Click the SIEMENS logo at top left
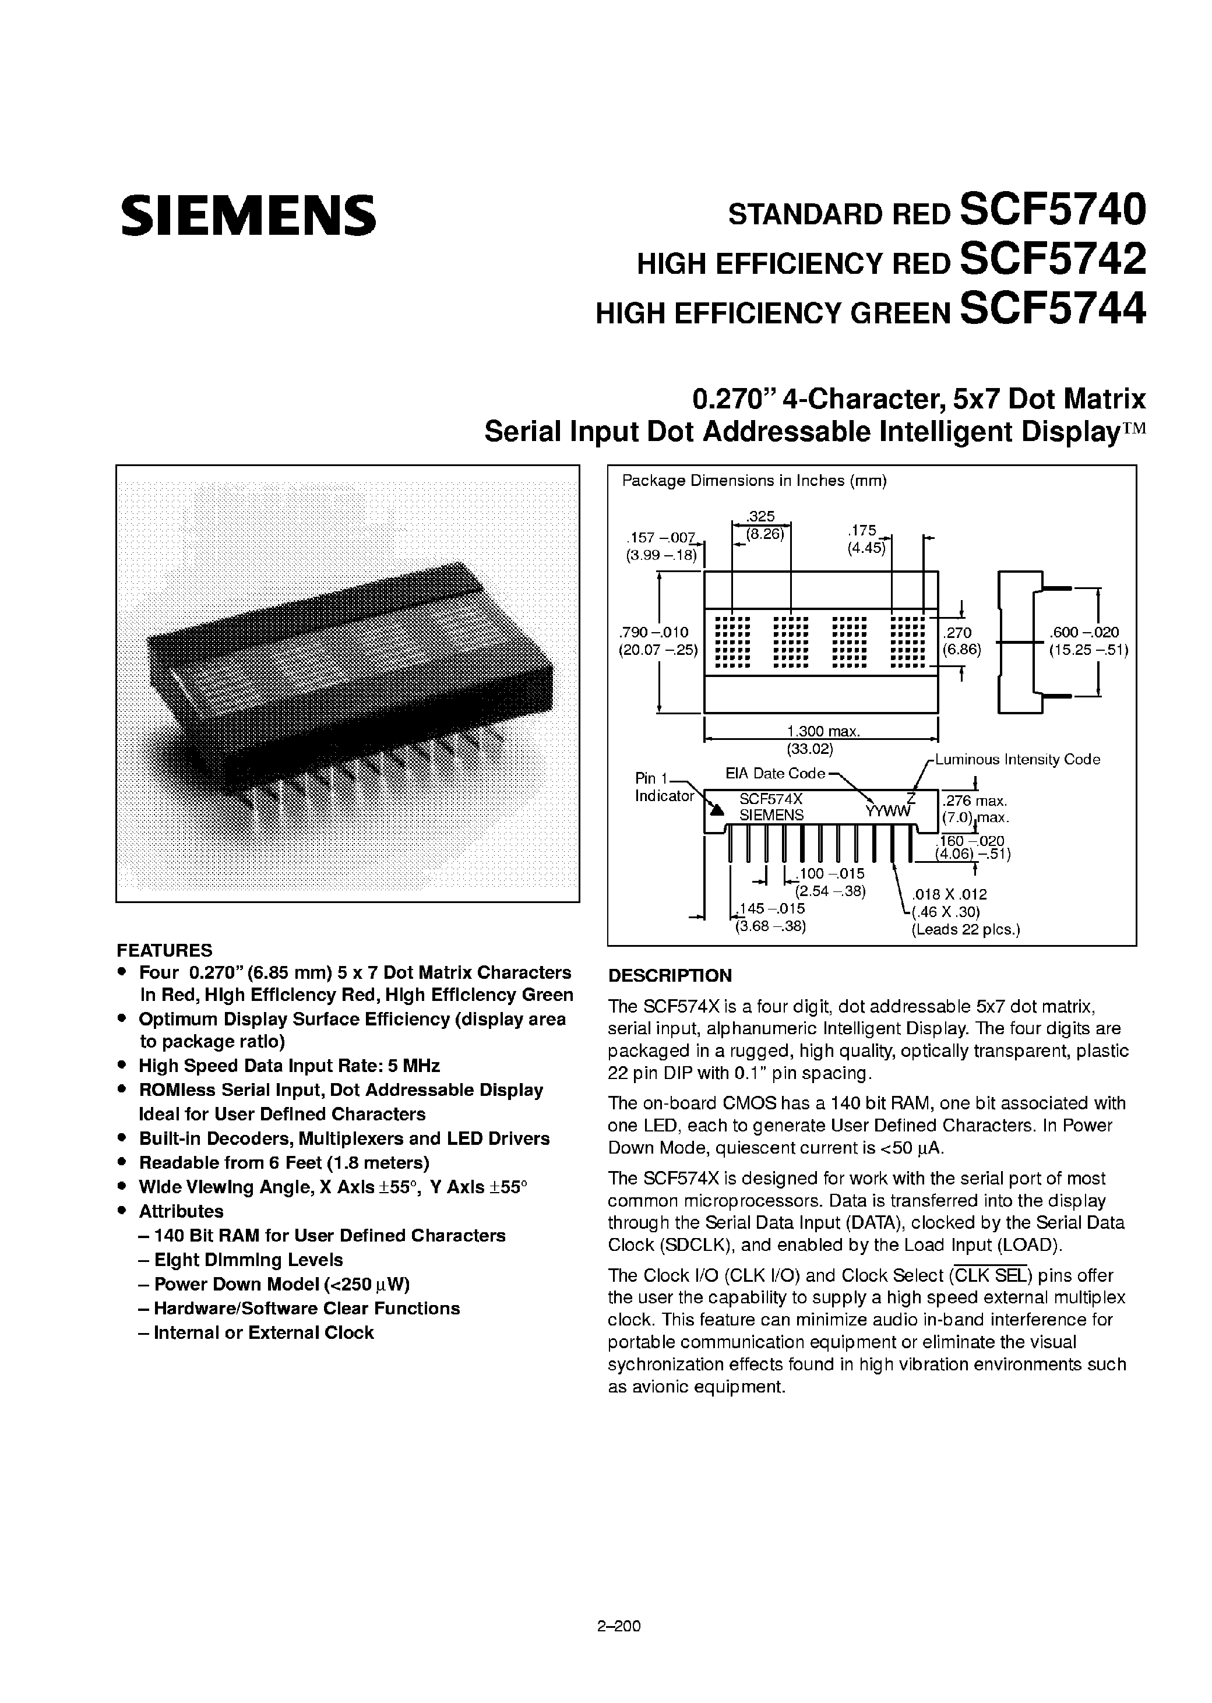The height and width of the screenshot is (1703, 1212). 249,215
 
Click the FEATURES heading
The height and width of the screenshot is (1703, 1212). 164,950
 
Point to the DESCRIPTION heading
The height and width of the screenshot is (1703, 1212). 670,975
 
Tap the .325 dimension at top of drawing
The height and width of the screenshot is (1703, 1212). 761,516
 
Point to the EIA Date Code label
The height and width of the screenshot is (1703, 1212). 774,773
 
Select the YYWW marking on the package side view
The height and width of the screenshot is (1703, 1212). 888,812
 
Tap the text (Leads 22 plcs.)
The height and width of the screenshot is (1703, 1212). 966,930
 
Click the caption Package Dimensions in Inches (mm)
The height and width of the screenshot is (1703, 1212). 754,481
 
